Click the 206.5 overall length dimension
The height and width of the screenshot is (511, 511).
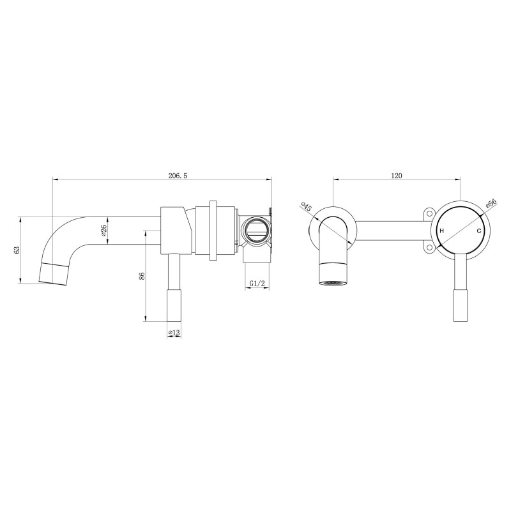coord(159,176)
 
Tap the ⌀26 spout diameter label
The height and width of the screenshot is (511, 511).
coord(103,231)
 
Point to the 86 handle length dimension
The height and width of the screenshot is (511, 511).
coord(142,275)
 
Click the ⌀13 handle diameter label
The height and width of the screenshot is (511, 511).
coord(173,332)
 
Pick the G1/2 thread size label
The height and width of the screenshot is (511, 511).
coord(257,283)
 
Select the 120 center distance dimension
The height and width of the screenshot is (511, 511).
coord(396,176)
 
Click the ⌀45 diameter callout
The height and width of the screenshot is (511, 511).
coord(306,208)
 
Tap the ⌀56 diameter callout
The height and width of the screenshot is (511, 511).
coord(491,204)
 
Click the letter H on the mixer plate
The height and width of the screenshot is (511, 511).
coord(441,231)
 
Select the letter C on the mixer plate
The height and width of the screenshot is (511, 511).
coord(478,231)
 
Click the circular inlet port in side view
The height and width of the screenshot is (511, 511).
coord(256,229)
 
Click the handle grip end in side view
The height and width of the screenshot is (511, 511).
coord(174,307)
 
